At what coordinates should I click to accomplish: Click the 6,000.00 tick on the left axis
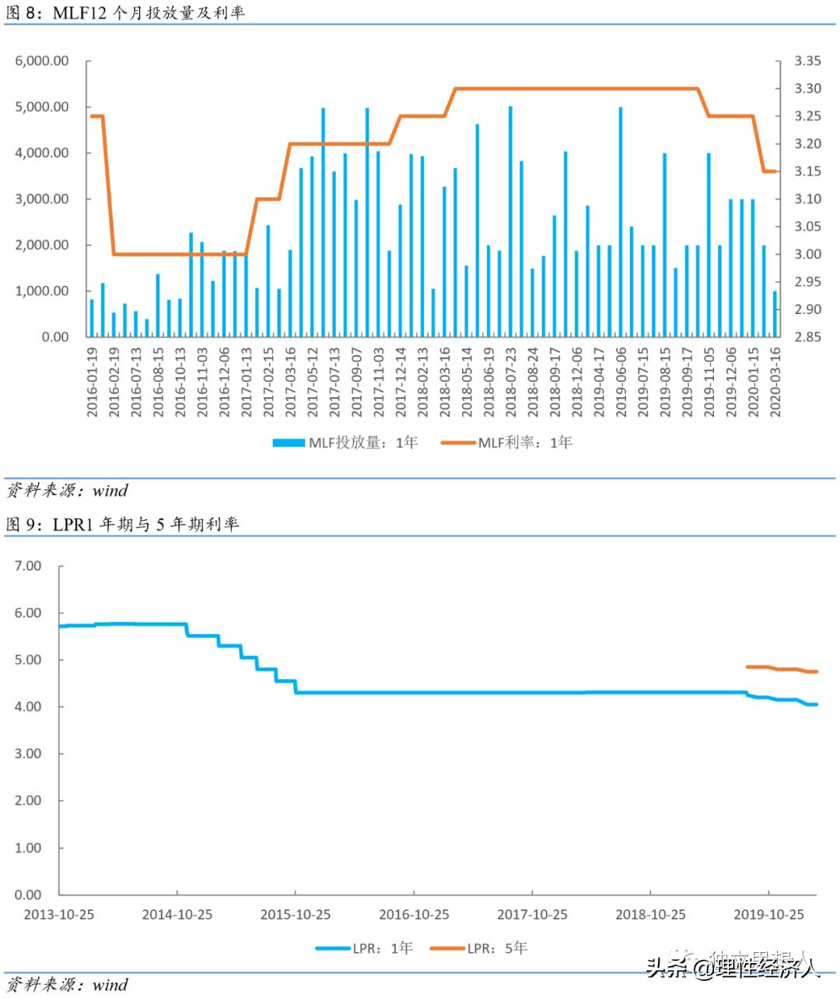pyautogui.click(x=42, y=61)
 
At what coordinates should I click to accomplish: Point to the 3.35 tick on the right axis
pyautogui.click(x=807, y=61)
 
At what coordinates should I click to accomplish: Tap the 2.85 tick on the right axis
pyautogui.click(x=807, y=337)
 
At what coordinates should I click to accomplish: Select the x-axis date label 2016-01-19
pyautogui.click(x=92, y=382)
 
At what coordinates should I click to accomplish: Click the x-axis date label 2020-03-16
pyautogui.click(x=775, y=382)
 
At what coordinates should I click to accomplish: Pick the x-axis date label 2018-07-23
pyautogui.click(x=510, y=382)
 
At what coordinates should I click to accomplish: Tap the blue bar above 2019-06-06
pyautogui.click(x=620, y=222)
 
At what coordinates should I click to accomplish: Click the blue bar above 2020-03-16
pyautogui.click(x=775, y=314)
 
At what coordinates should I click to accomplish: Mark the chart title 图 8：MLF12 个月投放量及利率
pyautogui.click(x=124, y=12)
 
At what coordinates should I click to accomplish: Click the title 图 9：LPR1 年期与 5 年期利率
pyautogui.click(x=122, y=525)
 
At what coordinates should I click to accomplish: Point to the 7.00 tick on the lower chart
pyautogui.click(x=28, y=566)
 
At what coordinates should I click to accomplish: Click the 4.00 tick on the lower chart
pyautogui.click(x=28, y=707)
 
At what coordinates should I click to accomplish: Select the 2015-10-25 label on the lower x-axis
pyautogui.click(x=296, y=914)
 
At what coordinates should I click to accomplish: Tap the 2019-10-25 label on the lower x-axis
pyautogui.click(x=768, y=914)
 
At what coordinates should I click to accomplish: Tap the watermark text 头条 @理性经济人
pyautogui.click(x=733, y=967)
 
